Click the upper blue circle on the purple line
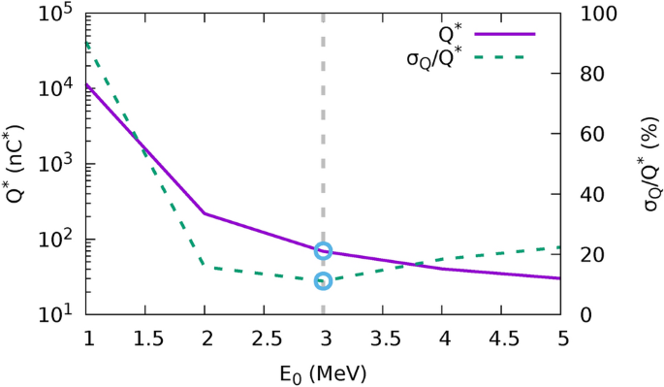[x=323, y=251]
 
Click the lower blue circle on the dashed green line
[x=323, y=281]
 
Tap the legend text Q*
[x=451, y=33]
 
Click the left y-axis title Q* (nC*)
[x=16, y=164]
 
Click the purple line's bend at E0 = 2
[x=205, y=213]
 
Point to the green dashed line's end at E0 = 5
[x=560, y=247]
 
